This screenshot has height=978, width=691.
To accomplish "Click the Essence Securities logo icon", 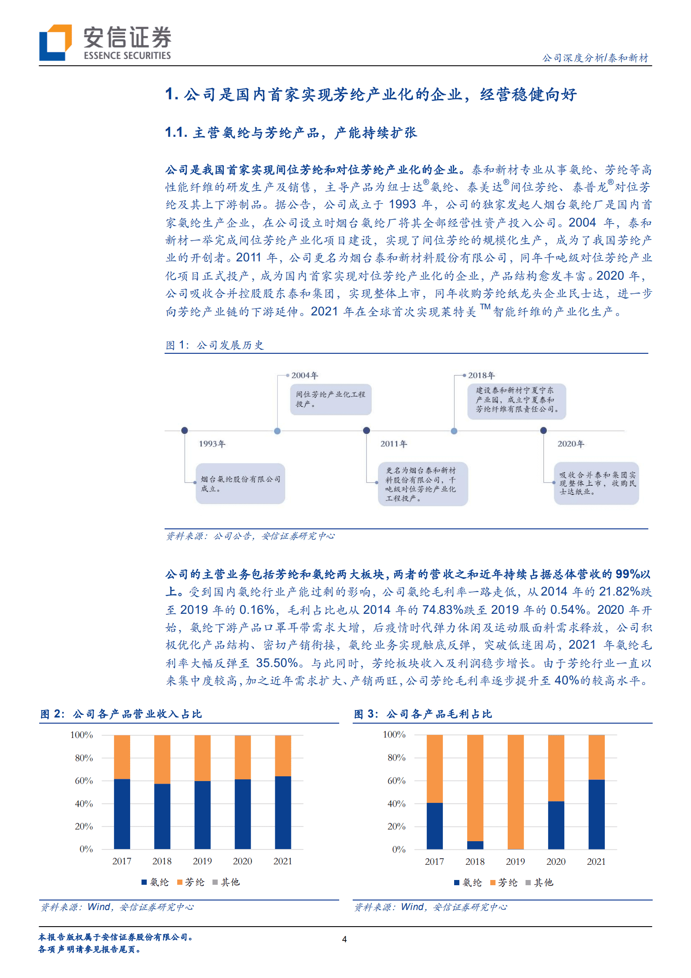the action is (55, 42).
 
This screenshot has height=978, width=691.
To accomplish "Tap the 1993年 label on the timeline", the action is (212, 444).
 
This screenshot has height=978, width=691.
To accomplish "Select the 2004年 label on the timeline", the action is (305, 376).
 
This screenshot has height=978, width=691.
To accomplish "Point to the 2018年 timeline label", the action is (482, 376).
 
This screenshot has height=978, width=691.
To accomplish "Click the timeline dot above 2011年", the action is (367, 430).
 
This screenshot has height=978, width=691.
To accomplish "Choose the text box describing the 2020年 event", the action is (596, 484).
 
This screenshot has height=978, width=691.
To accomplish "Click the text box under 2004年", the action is (330, 399).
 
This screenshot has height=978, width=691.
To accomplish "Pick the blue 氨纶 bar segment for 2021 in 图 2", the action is (283, 812).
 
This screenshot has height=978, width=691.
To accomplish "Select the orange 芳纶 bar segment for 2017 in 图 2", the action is (122, 757).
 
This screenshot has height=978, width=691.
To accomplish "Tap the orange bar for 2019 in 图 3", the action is (516, 792).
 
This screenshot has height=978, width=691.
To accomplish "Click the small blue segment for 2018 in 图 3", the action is (475, 845).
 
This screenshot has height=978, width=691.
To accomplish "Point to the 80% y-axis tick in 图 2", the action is (84, 758).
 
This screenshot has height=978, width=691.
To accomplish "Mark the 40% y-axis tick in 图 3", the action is (397, 804).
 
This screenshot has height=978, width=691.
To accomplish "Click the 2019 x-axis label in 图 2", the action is (202, 861).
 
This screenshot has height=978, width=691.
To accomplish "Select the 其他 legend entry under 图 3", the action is (540, 883).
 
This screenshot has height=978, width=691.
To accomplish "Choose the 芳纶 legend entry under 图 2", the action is (191, 882).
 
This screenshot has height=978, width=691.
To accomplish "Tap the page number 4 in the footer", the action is (344, 939).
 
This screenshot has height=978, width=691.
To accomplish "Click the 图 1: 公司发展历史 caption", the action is (215, 345).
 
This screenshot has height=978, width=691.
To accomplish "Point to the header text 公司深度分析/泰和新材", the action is (595, 58).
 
